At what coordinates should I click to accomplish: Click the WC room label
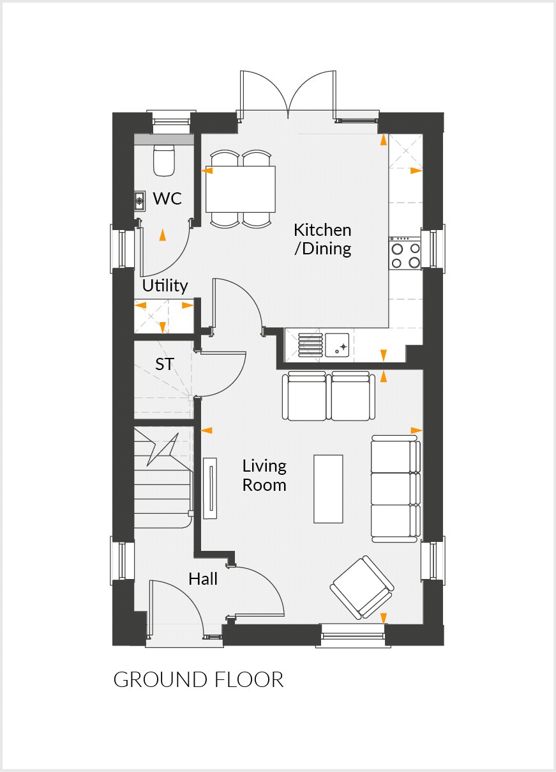coord(167,199)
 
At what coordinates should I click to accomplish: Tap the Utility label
coord(165,286)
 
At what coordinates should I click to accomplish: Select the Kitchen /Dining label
coord(322,239)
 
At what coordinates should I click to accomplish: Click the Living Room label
coord(264,475)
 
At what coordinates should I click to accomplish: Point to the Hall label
coord(203,579)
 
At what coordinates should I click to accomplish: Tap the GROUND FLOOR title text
coord(198,679)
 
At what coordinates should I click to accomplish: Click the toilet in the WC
coord(164,160)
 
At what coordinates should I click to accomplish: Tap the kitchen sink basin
coord(337,344)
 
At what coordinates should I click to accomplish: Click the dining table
coord(241,189)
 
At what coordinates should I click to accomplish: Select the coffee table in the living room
coord(328,488)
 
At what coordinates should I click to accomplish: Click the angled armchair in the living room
coord(362,587)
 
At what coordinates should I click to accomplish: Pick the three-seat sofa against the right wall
coord(395,488)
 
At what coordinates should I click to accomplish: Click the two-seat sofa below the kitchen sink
coord(329,396)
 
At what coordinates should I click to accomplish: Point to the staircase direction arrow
coord(162,449)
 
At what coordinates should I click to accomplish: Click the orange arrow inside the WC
coord(163,235)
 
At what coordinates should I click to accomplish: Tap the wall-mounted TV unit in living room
coord(209,488)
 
